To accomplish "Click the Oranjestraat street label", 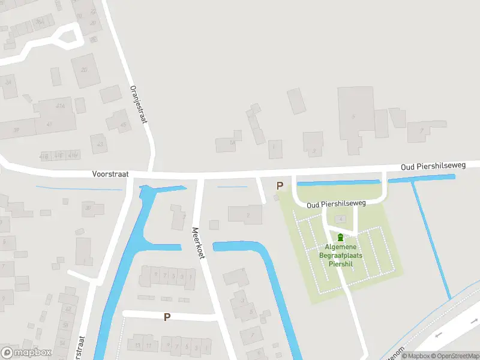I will pos(139,103).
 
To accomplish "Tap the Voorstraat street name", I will pos(110,173).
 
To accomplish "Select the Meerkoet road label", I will pos(199,242).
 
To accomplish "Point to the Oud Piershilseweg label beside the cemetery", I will pos(336,204).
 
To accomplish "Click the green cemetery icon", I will pos(341,238).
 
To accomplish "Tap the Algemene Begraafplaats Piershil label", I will pos(341,255).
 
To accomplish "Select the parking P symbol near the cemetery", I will pos(279,186).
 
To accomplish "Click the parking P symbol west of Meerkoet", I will pos(167,317).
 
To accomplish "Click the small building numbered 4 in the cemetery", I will pos(342,219).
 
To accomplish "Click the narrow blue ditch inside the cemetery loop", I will pos(339,182).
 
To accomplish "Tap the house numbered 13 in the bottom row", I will pos(137,346).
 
